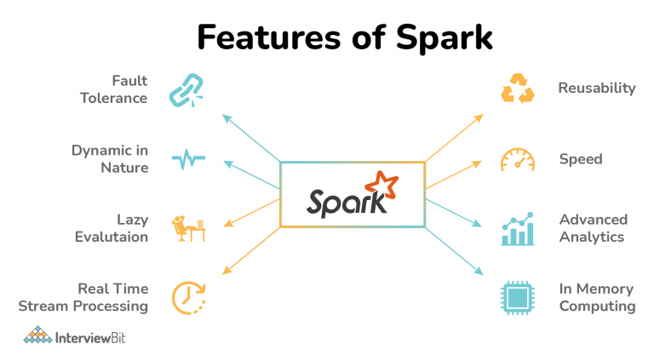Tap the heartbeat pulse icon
point(188,159)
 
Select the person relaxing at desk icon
point(188,228)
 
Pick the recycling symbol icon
point(517,88)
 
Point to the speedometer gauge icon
point(517,160)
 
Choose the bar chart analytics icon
point(518,229)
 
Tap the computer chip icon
point(517,298)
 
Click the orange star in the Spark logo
point(381,185)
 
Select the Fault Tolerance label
point(113,89)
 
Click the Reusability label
point(597,89)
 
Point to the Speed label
point(581,159)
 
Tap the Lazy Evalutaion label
point(112,228)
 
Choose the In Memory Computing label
point(597,297)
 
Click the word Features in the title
point(268,37)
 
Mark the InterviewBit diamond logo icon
point(37,335)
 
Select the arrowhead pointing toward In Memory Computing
point(479,271)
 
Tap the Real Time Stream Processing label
point(83,297)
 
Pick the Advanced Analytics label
point(593,228)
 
